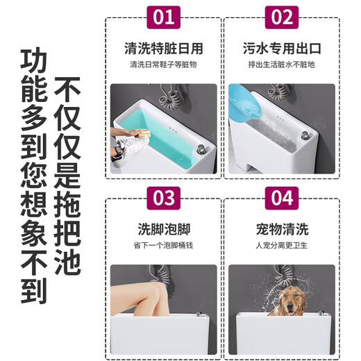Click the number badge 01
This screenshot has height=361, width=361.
[x=163, y=18]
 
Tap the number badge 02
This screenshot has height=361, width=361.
[x=282, y=18]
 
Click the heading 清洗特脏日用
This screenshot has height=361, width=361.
[x=163, y=49]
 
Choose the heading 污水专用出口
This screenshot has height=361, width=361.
[x=282, y=49]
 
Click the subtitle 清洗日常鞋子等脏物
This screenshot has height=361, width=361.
[x=163, y=66]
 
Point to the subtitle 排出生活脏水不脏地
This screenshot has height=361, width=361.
[x=282, y=66]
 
